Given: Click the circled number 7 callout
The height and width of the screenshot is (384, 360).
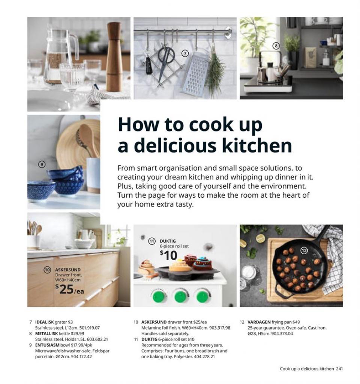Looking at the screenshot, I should pyautogui.click(x=185, y=53).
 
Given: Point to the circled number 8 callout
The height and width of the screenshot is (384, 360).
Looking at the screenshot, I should pyautogui.click(x=276, y=46).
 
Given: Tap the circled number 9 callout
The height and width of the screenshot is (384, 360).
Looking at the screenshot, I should pyautogui.click(x=42, y=164).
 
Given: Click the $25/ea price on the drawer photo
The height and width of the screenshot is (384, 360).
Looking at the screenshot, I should pyautogui.click(x=69, y=289).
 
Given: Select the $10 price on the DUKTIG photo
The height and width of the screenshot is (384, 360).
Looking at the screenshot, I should pyautogui.click(x=168, y=256).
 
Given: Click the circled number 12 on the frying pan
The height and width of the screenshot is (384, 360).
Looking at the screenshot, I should pyautogui.click(x=304, y=250).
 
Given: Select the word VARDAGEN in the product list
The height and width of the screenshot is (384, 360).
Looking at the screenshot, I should pyautogui.click(x=259, y=322).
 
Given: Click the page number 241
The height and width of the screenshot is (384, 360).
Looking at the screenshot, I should pyautogui.click(x=339, y=369).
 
